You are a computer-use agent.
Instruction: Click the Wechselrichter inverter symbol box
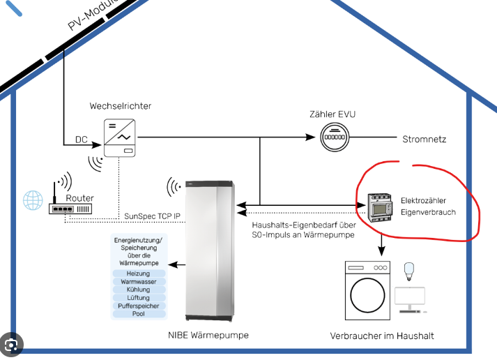[x=118, y=137]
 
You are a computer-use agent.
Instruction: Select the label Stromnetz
[x=424, y=140]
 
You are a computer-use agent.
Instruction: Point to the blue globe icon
[x=32, y=201]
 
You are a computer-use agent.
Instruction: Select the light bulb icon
[x=409, y=270]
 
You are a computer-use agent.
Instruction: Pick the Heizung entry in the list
[x=139, y=273]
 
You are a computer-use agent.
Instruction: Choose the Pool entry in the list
[x=139, y=314]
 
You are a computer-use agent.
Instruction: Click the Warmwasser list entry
[x=139, y=282]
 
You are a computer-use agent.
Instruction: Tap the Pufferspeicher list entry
[x=139, y=306]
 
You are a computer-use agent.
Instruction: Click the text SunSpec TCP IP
[x=153, y=216]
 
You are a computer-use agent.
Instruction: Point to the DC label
[x=82, y=140]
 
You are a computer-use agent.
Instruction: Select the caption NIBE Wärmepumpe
[x=208, y=335]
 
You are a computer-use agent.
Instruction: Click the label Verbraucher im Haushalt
[x=382, y=336]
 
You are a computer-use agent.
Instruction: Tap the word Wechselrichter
[x=120, y=106]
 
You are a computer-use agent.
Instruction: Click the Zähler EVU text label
[x=337, y=114]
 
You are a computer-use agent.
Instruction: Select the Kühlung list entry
[x=139, y=290]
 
